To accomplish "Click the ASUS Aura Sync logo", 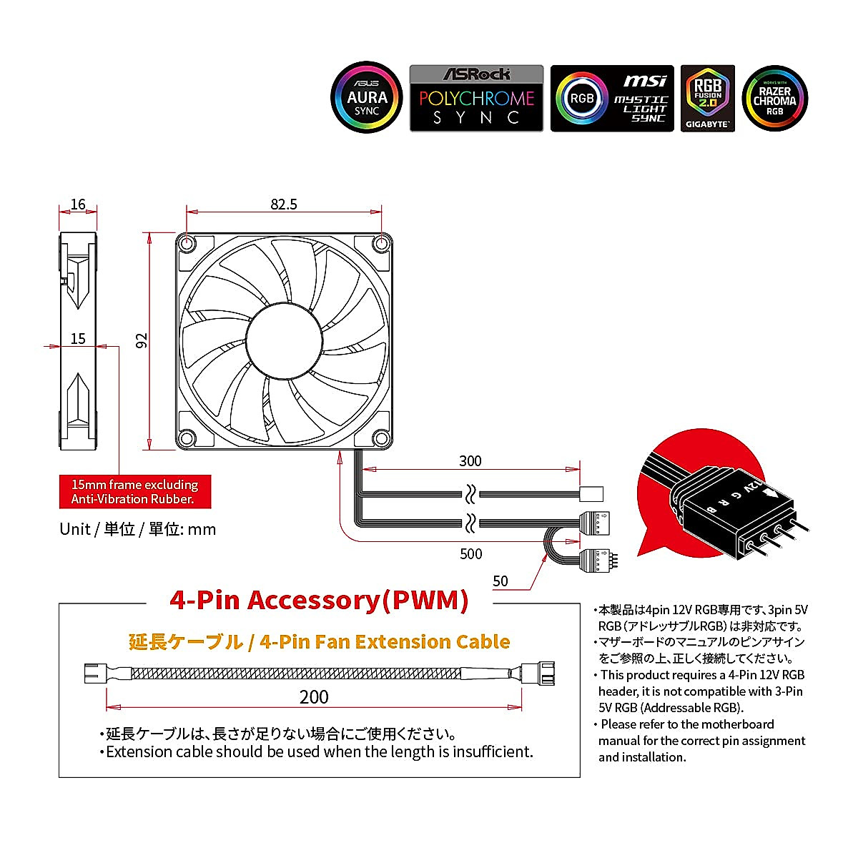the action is click(367, 98).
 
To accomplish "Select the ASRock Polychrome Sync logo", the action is click(476, 99).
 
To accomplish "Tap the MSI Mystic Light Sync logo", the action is click(612, 99).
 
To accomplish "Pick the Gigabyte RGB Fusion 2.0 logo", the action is click(708, 99).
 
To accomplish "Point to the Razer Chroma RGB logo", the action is click(774, 99).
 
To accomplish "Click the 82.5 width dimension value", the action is click(284, 204).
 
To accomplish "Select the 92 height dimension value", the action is click(142, 340).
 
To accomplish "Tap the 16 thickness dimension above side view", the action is click(78, 204).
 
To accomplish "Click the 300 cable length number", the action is click(470, 461).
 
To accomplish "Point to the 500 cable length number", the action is click(470, 554).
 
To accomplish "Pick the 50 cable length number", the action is click(500, 581).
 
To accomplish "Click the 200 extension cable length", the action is click(314, 697).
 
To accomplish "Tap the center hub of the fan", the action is click(284, 340).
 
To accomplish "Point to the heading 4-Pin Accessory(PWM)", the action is click(319, 600).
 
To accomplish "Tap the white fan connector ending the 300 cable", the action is click(593, 493).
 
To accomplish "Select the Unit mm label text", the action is click(137, 529).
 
